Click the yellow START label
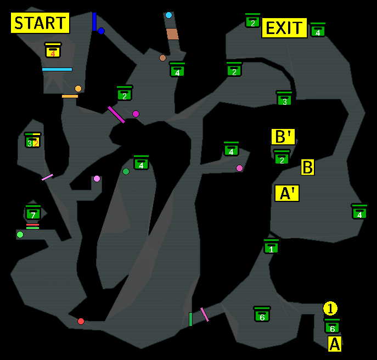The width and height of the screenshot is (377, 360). point(40,23)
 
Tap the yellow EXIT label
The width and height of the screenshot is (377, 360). point(284,27)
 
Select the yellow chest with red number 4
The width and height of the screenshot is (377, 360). point(53,50)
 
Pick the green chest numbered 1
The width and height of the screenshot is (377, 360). point(271,247)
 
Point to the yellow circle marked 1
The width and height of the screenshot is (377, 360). point(330,308)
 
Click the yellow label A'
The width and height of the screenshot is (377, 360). point(287,193)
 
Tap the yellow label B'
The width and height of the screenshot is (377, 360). point(283,136)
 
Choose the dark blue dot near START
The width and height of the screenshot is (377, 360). point(101,31)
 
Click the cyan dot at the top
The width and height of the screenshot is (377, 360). point(168,15)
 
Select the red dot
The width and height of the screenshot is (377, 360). point(81,321)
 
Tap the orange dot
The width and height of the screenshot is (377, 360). point(78,89)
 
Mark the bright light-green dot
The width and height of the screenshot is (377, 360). point(20,235)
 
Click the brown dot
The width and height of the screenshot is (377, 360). point(162,58)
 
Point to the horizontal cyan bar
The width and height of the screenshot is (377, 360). point(57,70)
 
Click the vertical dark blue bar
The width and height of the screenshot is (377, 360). point(94,21)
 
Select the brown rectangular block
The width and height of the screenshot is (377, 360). point(172,34)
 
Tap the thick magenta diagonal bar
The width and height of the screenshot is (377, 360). point(116,114)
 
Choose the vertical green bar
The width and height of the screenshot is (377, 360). point(190,319)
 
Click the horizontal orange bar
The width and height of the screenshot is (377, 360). point(70,96)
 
